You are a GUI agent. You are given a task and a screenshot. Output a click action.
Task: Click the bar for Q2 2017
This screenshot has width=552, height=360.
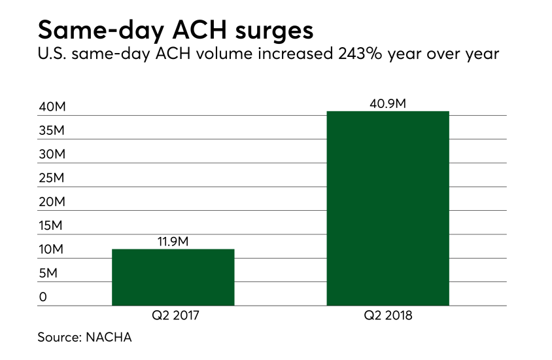[x=173, y=277]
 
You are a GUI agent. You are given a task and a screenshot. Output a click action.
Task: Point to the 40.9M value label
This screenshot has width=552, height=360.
[x=388, y=102]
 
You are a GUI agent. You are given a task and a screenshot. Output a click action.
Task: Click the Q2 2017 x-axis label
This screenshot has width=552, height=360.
[x=173, y=316]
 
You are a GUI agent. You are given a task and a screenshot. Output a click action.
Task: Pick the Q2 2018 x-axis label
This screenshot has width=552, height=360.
[x=388, y=316]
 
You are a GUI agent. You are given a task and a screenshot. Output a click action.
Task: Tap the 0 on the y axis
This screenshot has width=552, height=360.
[x=43, y=297]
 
